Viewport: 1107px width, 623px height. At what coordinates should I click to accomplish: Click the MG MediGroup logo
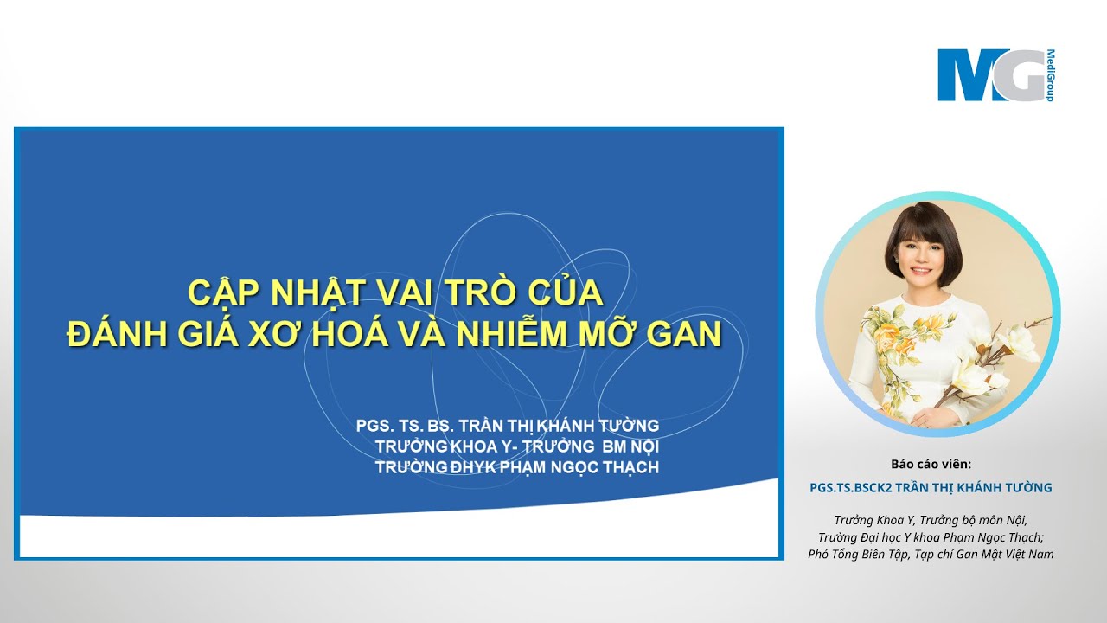(995, 75)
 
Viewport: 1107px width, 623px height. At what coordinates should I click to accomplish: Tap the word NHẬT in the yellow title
(314, 292)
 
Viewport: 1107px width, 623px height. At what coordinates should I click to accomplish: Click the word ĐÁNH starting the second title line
(112, 335)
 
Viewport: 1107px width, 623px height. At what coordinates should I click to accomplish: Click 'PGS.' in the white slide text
(375, 426)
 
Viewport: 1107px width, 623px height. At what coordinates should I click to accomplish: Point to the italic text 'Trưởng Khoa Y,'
(874, 520)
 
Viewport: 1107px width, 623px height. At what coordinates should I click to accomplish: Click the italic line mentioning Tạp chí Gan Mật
(931, 554)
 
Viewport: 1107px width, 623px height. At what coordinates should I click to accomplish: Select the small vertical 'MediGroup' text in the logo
(1050, 75)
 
